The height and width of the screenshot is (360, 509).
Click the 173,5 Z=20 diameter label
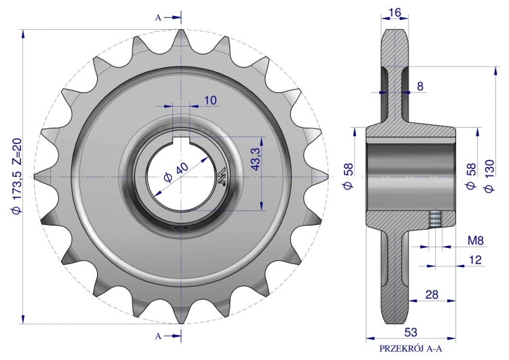pyautogui.click(x=16, y=176)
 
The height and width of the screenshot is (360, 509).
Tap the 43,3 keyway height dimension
pyautogui.click(x=256, y=159)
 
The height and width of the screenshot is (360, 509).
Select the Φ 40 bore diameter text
pyautogui.click(x=176, y=173)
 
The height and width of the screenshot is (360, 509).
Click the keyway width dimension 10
pyautogui.click(x=210, y=101)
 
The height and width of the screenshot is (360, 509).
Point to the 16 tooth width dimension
pyautogui.click(x=394, y=13)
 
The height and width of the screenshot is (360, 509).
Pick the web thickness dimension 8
pyautogui.click(x=420, y=86)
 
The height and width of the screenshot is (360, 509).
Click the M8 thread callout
pyautogui.click(x=476, y=240)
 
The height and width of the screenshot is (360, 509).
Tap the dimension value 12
pyautogui.click(x=476, y=260)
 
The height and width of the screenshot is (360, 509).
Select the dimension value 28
pyautogui.click(x=432, y=295)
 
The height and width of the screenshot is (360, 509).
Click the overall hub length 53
pyautogui.click(x=411, y=332)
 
